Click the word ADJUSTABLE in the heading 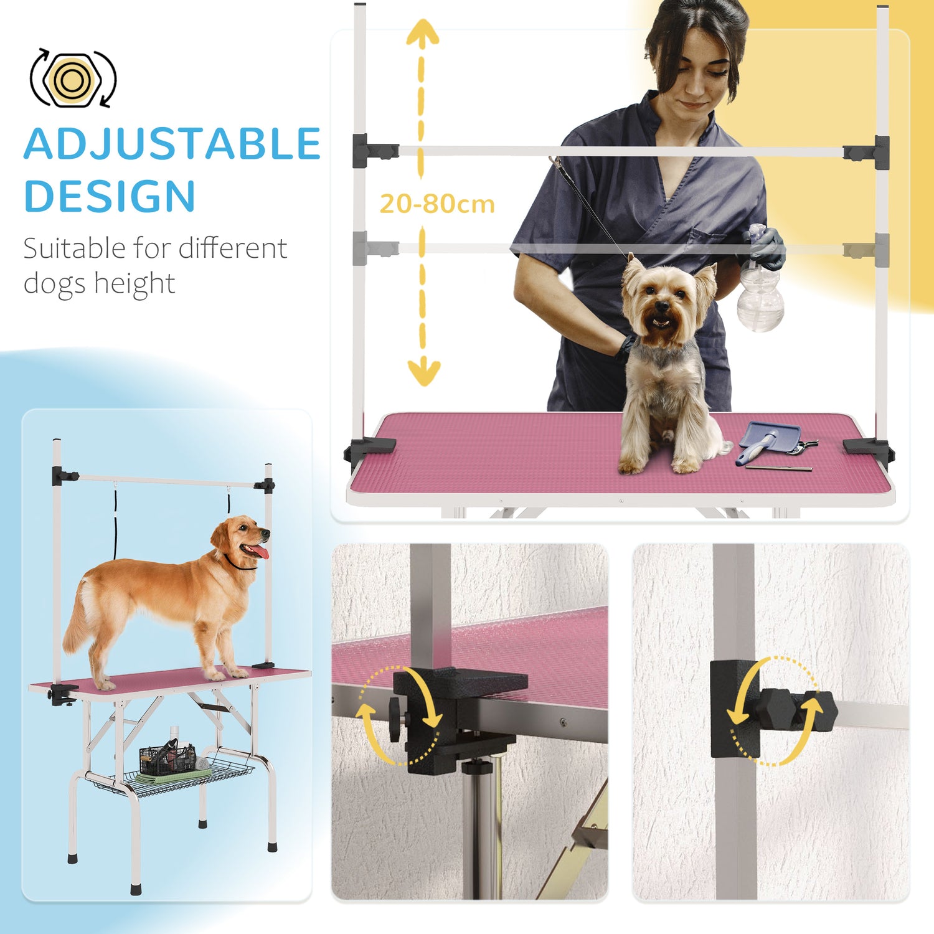click(x=172, y=144)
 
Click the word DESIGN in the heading click(x=110, y=196)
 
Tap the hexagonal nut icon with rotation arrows click(x=73, y=78)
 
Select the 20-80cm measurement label click(x=437, y=204)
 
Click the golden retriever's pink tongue click(x=260, y=552)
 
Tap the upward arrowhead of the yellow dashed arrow click(x=422, y=31)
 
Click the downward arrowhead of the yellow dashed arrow click(x=423, y=373)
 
